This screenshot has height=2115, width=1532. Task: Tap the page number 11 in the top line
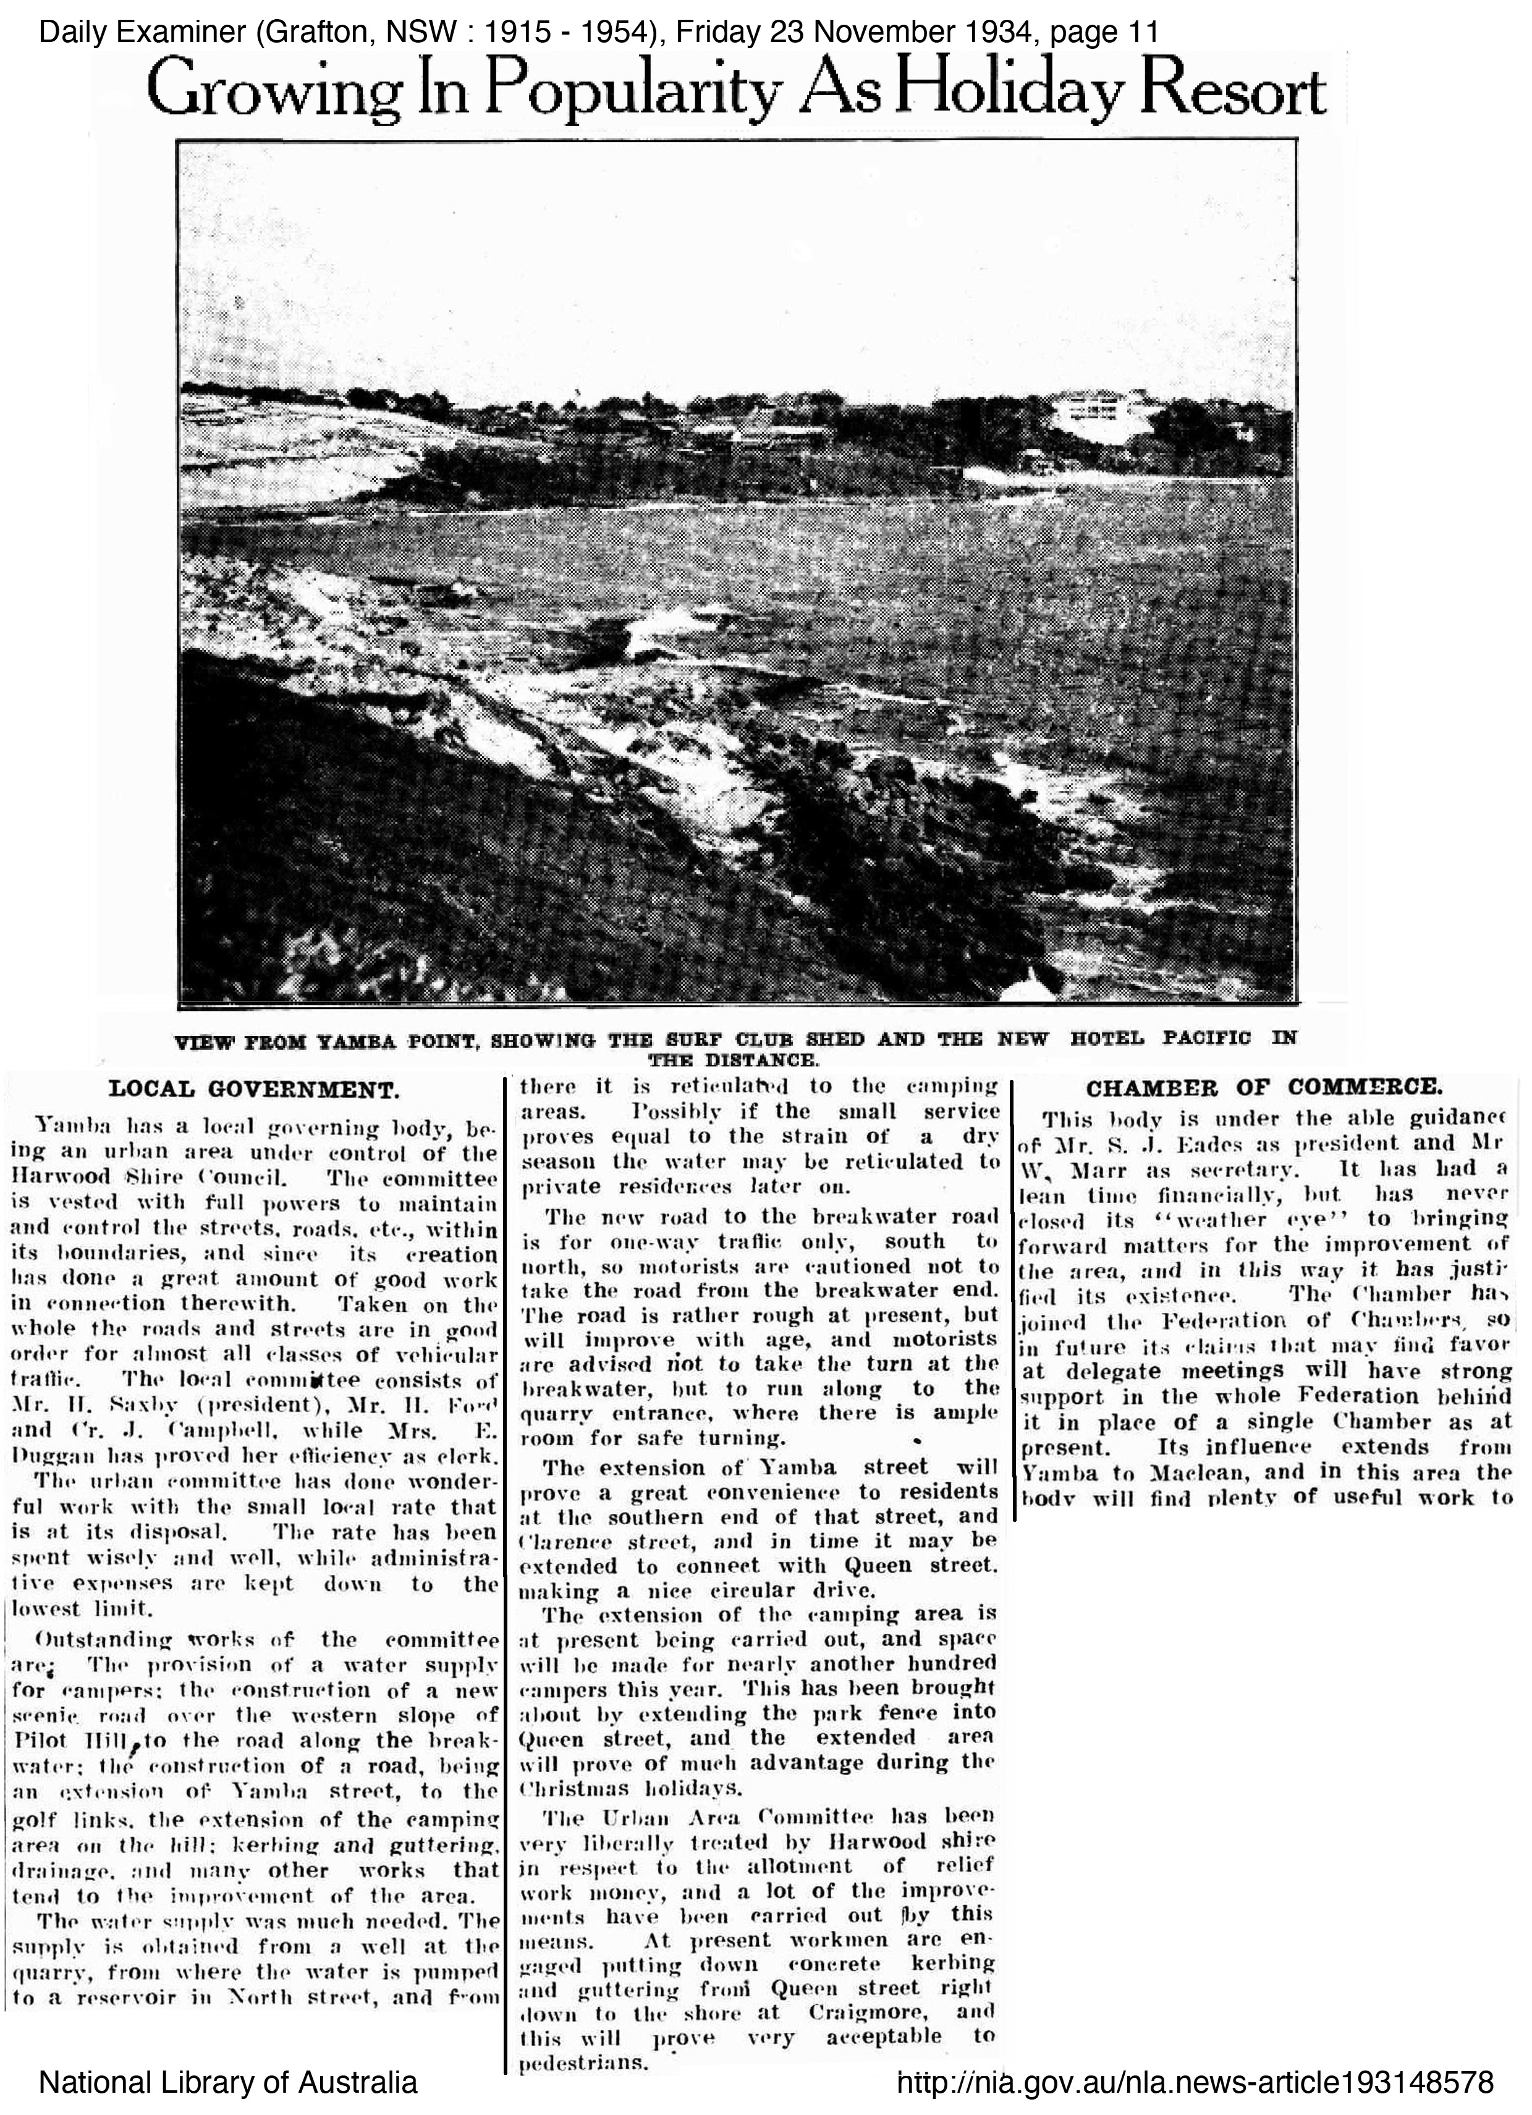pyautogui.click(x=1141, y=33)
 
